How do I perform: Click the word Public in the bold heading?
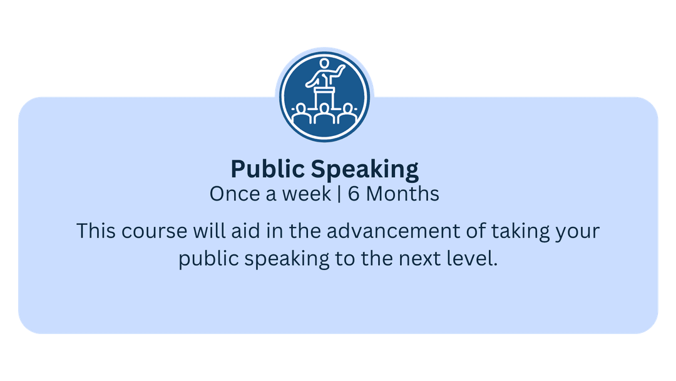(x=268, y=169)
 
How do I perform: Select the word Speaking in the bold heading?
(x=365, y=169)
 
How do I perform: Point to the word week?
(x=307, y=194)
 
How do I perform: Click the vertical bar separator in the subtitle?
(x=339, y=194)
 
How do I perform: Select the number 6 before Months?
(x=354, y=194)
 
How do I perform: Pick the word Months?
(x=402, y=194)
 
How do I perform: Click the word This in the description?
(x=96, y=231)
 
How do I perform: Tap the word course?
(x=154, y=232)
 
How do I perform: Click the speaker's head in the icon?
(x=324, y=63)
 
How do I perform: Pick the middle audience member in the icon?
(x=324, y=114)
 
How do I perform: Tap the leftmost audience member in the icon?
(x=301, y=113)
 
